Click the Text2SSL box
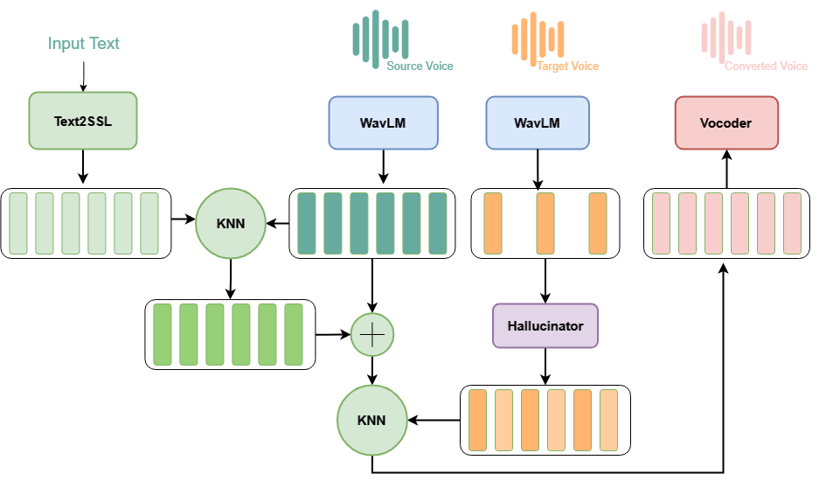[x=83, y=119]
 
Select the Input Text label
[x=83, y=44]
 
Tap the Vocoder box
[x=725, y=123]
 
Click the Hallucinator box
[x=545, y=326]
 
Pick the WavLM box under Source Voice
[x=381, y=122]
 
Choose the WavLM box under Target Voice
[x=538, y=122]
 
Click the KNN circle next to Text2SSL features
[x=231, y=223]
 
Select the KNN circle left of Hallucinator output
[x=372, y=420]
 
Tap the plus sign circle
[x=372, y=333]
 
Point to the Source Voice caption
[x=420, y=66]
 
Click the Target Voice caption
[x=567, y=66]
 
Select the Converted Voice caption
[x=766, y=66]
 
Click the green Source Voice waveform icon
[x=379, y=37]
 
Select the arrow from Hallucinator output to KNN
[x=434, y=420]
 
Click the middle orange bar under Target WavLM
[x=545, y=224]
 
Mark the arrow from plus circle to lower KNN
[x=372, y=370]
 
